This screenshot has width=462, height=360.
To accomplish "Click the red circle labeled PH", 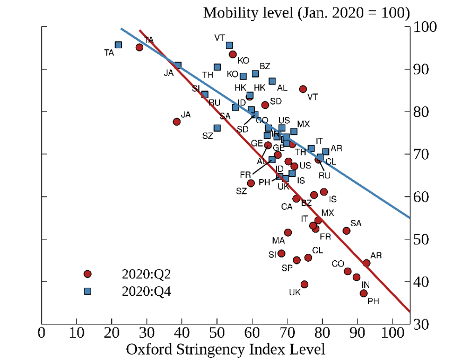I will click(x=363, y=293).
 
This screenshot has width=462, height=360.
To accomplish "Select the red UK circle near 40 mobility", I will click(x=304, y=284).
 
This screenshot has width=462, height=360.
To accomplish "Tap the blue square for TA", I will click(x=118, y=45).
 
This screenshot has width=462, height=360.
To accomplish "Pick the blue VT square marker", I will click(x=229, y=45).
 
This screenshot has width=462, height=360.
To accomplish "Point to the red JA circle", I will click(x=177, y=122).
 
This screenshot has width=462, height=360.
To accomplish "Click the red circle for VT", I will click(x=303, y=89).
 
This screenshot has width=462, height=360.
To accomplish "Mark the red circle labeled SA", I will click(x=346, y=230).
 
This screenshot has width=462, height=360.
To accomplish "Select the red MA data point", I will click(x=288, y=232).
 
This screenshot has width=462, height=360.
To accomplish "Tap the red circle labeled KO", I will click(x=232, y=54).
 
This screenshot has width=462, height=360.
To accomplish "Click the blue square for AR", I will click(x=326, y=152).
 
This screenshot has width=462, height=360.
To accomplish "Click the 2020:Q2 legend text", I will click(x=146, y=274).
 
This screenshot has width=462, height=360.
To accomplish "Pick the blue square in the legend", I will click(x=88, y=291).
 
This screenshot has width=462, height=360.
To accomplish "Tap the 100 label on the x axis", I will click(x=392, y=335).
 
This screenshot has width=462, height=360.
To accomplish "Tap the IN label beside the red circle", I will click(x=366, y=285).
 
